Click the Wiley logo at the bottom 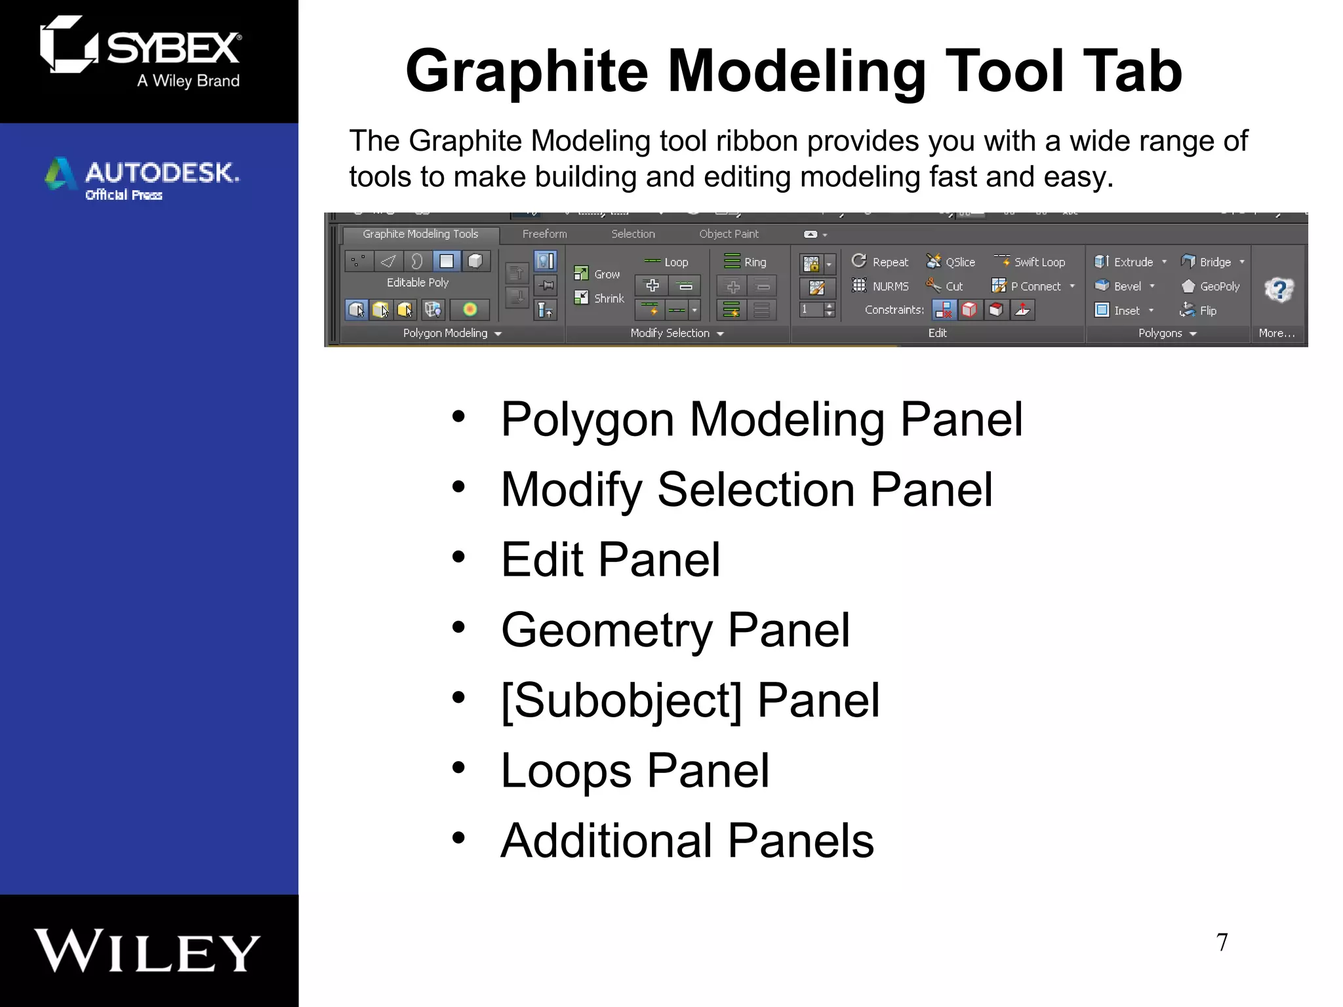click(x=148, y=950)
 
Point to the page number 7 click(x=1222, y=942)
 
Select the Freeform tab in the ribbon click(x=544, y=234)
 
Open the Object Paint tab click(x=729, y=234)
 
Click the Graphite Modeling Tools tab click(x=420, y=234)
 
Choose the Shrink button click(x=600, y=298)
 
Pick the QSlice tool click(x=952, y=262)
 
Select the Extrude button click(x=1125, y=262)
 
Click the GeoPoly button click(x=1211, y=286)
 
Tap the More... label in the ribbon click(x=1276, y=333)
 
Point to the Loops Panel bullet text click(x=635, y=770)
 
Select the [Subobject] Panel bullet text click(x=690, y=700)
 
